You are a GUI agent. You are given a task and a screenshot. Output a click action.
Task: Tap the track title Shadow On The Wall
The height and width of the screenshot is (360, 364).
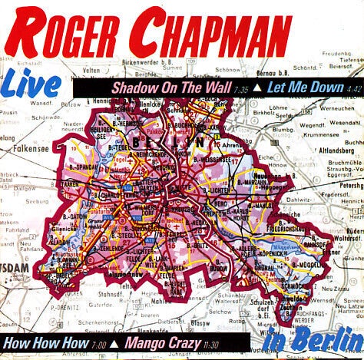156,88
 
